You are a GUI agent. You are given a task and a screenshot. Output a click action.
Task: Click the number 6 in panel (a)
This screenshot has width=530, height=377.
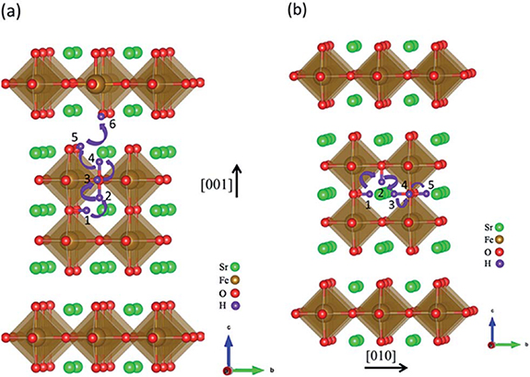pos(112,123)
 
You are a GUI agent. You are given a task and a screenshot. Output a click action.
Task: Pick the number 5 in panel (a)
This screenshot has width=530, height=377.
pos(74,137)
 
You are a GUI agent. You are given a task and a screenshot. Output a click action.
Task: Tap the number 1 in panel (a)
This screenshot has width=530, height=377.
pos(88,220)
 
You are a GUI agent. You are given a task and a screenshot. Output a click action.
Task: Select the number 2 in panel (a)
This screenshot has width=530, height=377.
pos(109,195)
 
